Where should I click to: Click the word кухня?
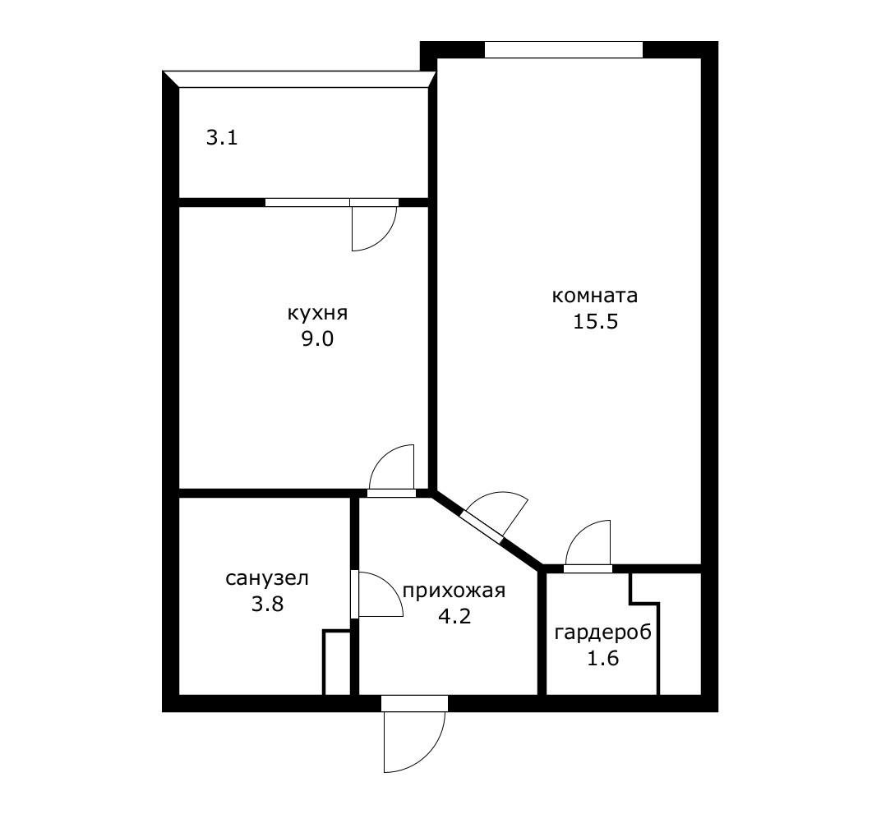point(317,313)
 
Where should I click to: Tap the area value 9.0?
point(317,339)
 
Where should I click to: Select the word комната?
point(595,295)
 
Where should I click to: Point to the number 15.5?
point(596,322)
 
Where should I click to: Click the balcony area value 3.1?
point(222,137)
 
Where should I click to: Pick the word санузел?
point(267,577)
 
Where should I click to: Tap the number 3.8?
point(267,604)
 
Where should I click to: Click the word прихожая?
point(454,591)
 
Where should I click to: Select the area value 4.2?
point(454,616)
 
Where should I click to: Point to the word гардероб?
point(603,632)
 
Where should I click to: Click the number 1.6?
point(603,658)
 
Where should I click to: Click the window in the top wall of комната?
point(564,49)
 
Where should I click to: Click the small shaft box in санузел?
point(337,662)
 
